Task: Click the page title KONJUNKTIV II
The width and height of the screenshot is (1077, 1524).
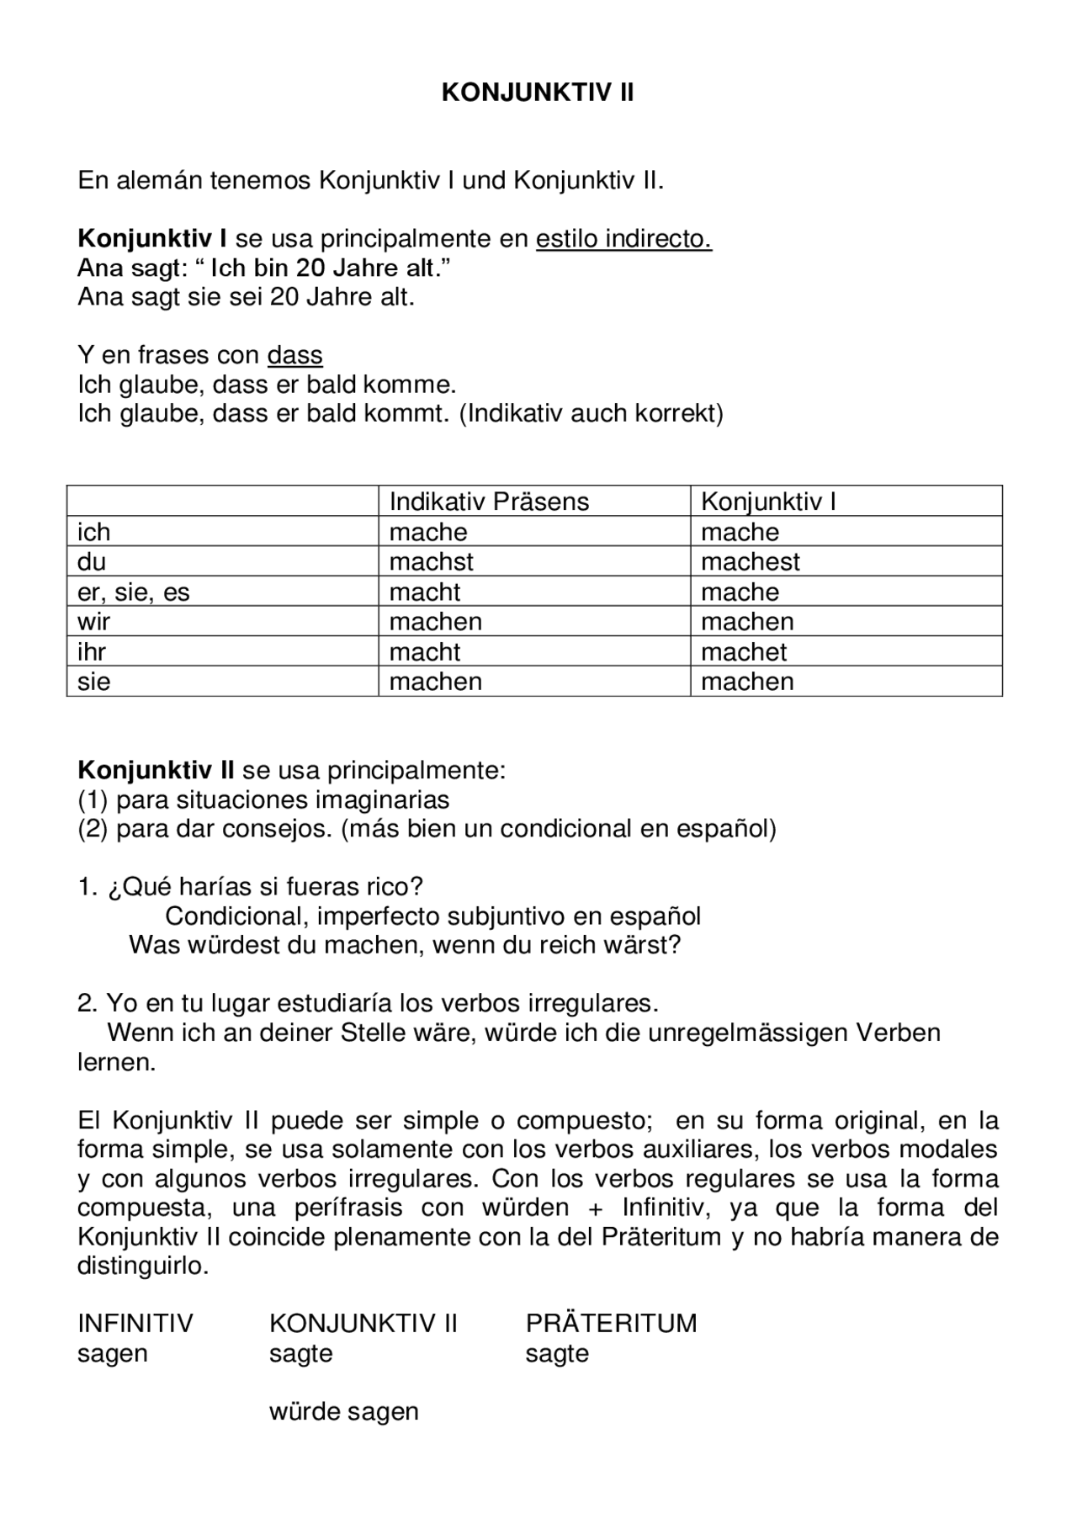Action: (x=538, y=93)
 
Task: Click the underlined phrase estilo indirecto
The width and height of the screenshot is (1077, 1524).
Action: (x=623, y=239)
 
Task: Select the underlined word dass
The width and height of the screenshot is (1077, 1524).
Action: (x=294, y=355)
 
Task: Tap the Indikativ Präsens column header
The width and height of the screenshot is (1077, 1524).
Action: (x=488, y=502)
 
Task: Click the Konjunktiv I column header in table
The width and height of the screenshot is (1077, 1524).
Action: (x=768, y=502)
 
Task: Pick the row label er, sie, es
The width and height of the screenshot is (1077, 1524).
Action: (x=134, y=592)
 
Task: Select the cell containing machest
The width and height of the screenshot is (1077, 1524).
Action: (x=750, y=561)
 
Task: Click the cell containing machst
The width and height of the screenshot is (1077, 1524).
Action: (x=431, y=561)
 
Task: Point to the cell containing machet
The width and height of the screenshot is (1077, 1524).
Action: (x=744, y=651)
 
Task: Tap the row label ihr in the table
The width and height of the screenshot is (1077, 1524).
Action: (x=92, y=651)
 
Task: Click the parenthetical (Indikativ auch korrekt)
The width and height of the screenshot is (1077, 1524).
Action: (x=592, y=413)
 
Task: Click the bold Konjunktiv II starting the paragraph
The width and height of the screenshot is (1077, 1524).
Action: (x=156, y=770)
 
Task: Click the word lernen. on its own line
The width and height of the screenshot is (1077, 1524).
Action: (x=117, y=1062)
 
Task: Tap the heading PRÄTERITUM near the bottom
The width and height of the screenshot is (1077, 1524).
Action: (x=611, y=1323)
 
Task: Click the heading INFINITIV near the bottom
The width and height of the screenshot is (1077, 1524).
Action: (x=135, y=1323)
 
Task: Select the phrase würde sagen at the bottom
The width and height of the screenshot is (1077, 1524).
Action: (x=343, y=1411)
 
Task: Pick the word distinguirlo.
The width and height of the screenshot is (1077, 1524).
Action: (x=142, y=1266)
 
